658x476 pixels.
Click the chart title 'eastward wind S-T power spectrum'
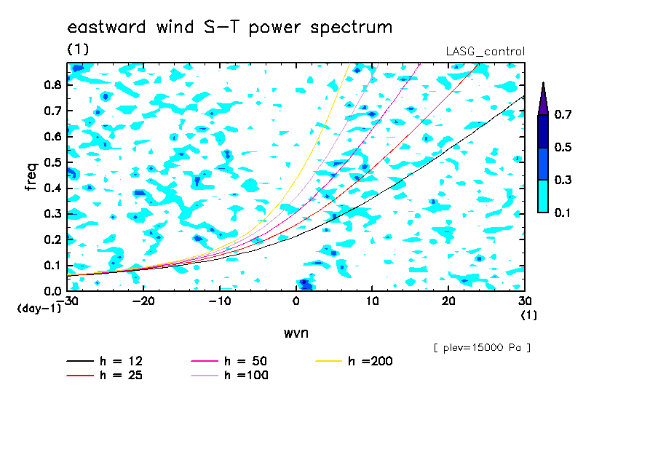tap(230, 28)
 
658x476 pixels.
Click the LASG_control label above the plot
tap(485, 52)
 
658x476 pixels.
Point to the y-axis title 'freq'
tap(31, 177)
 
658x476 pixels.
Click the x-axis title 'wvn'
tap(296, 333)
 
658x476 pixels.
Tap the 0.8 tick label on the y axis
tap(52, 84)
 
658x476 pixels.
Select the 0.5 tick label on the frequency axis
tap(52, 162)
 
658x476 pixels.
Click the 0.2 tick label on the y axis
tap(52, 239)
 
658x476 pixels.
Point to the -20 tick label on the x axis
tap(143, 301)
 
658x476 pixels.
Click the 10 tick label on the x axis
tap(372, 301)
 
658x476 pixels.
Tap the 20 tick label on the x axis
tap(448, 301)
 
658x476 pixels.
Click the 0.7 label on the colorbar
tap(563, 114)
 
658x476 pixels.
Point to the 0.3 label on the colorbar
tap(563, 180)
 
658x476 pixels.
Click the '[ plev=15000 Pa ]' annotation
tap(482, 348)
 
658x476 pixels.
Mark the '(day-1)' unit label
tap(39, 309)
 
